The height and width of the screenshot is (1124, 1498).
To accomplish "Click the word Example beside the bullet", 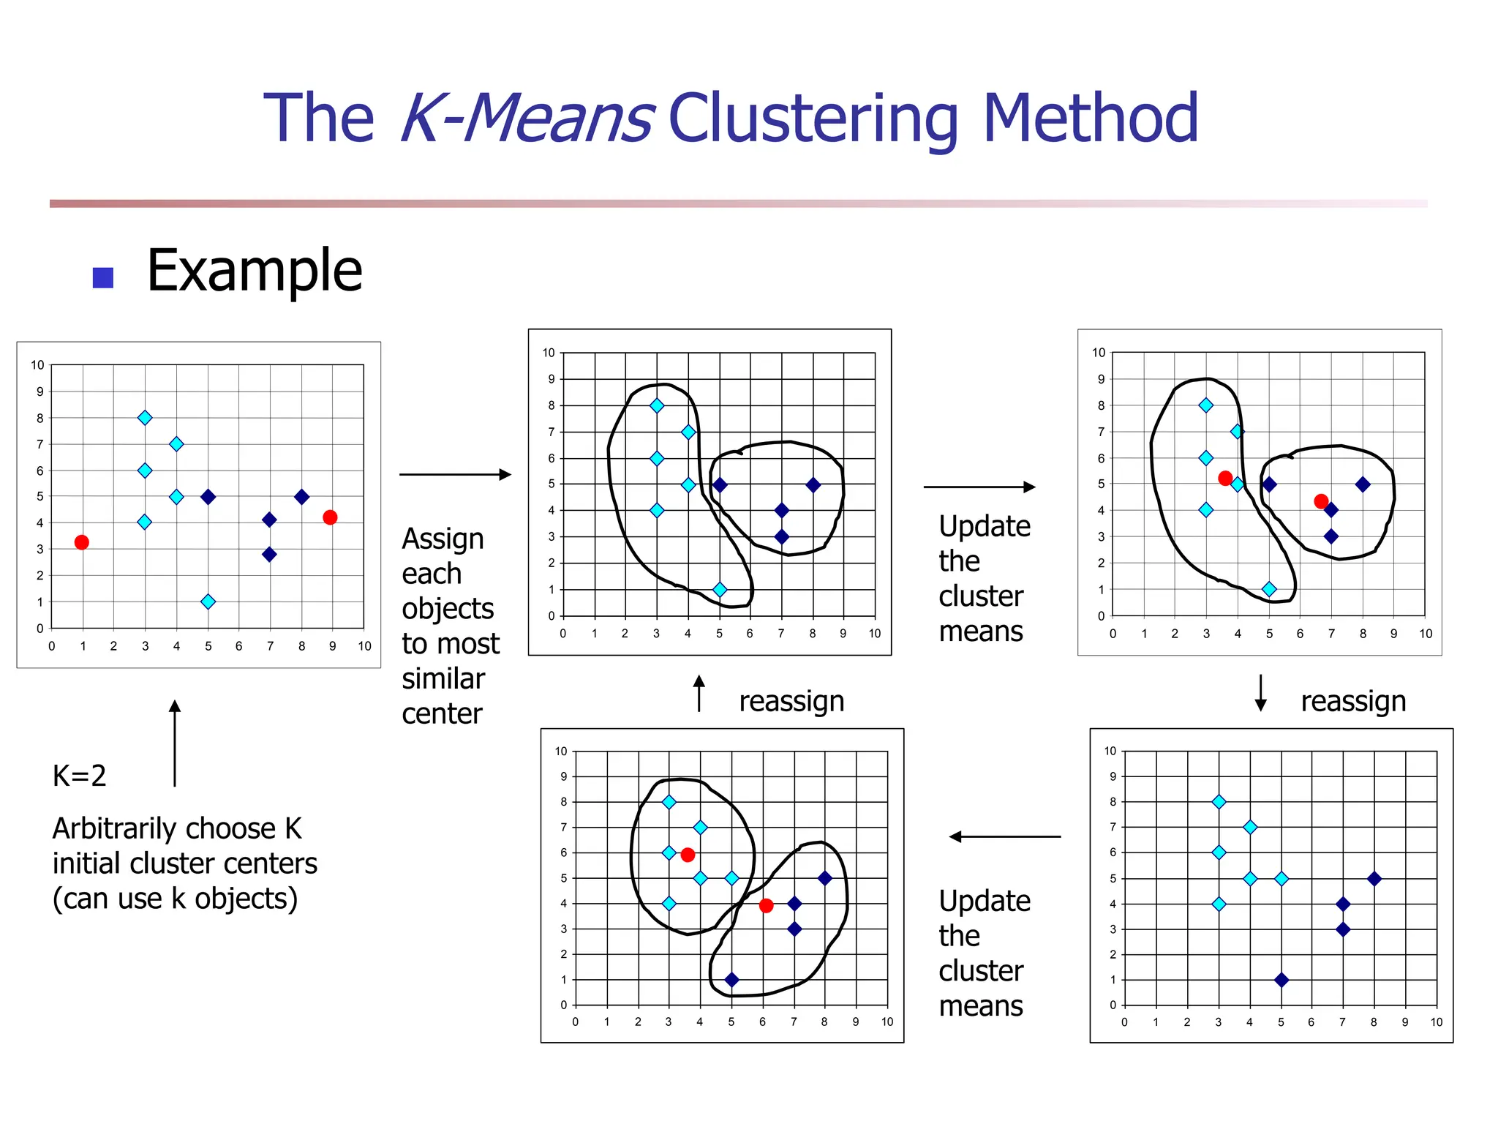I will pyautogui.click(x=254, y=271).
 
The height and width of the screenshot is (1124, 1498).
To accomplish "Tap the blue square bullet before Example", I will pyautogui.click(x=103, y=278).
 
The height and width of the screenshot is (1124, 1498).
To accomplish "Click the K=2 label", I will pyautogui.click(x=80, y=776).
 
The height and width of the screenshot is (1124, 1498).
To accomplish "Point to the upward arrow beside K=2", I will pyautogui.click(x=175, y=743).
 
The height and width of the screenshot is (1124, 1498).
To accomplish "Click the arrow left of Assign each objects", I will pyautogui.click(x=455, y=475).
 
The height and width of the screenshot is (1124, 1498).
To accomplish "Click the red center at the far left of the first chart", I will pyautogui.click(x=82, y=542).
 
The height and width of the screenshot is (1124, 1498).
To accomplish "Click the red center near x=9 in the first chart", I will pyautogui.click(x=330, y=517).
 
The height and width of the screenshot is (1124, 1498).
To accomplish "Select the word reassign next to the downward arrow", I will pyautogui.click(x=1353, y=701).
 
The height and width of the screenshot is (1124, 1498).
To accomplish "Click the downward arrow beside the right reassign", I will pyautogui.click(x=1260, y=693).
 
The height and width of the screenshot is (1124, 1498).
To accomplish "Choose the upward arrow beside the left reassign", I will pyautogui.click(x=699, y=693).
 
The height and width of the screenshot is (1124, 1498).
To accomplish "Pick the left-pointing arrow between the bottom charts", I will pyautogui.click(x=1004, y=836).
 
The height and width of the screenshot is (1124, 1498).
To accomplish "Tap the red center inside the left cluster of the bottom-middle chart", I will pyautogui.click(x=688, y=855).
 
